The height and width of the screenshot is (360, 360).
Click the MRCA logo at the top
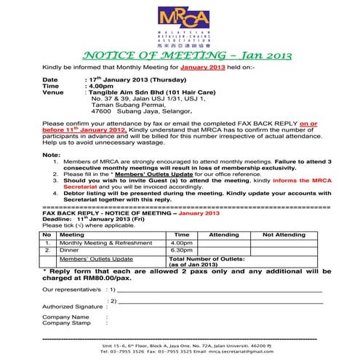pyautogui.click(x=179, y=25)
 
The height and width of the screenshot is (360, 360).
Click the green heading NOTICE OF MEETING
pyautogui.click(x=179, y=56)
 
